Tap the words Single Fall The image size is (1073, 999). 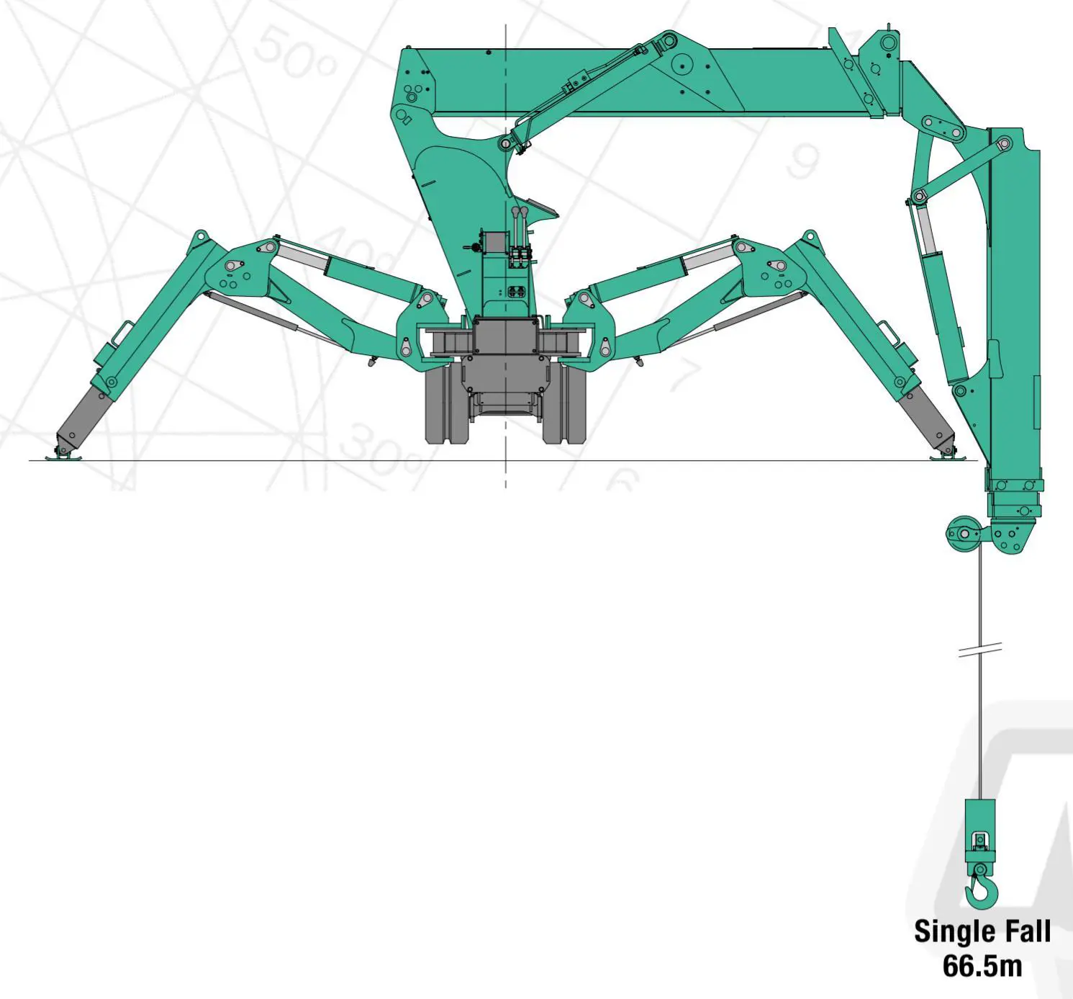(982, 932)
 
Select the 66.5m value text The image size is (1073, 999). (982, 967)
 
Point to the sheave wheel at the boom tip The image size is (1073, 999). (965, 534)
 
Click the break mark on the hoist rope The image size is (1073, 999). (980, 650)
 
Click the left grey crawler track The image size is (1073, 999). (446, 405)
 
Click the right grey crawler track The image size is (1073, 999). (565, 405)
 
